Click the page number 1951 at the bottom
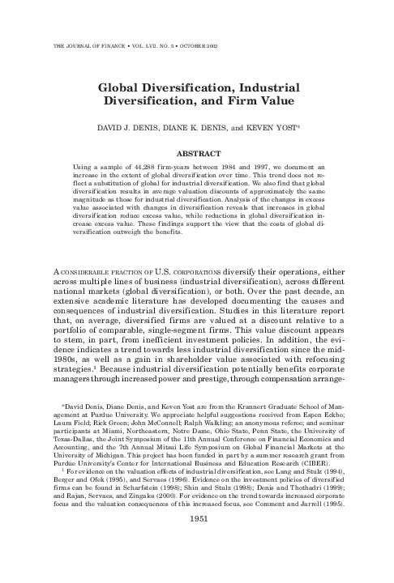(198, 562)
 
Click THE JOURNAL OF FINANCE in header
(84, 45)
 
